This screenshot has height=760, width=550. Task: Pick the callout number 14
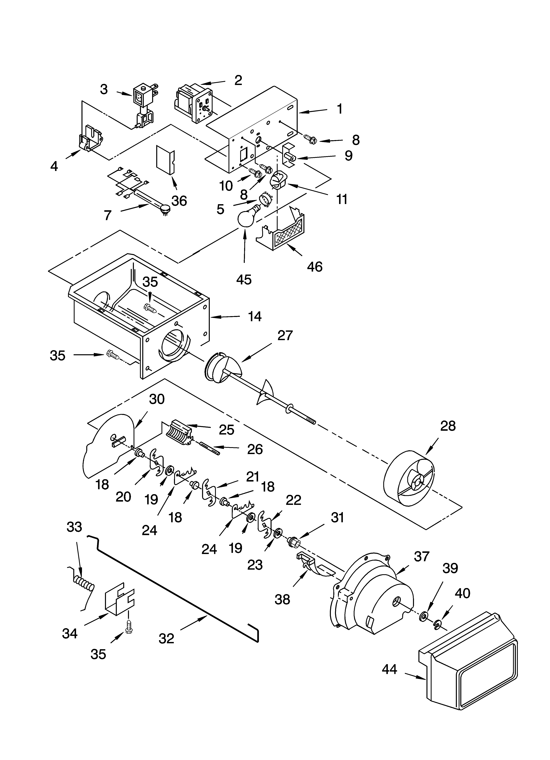[255, 316]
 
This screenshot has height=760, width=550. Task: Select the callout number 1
[340, 109]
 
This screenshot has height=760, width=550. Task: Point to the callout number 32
[166, 639]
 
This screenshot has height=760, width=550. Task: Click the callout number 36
[179, 201]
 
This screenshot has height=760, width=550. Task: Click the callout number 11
[342, 199]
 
